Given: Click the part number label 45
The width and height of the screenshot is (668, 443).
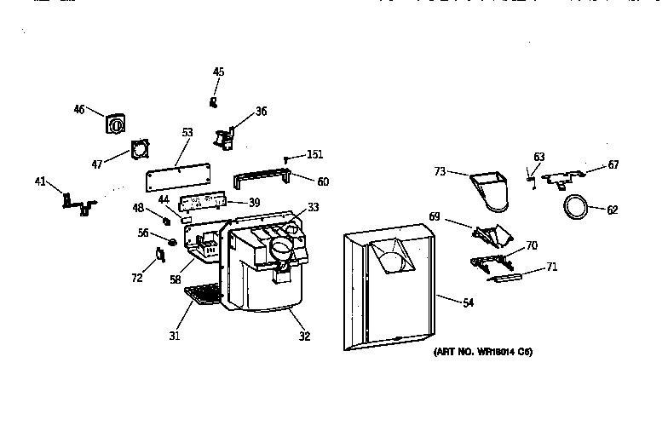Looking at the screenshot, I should pos(218,72).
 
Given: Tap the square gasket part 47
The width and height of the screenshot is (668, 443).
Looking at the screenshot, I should pos(139,151).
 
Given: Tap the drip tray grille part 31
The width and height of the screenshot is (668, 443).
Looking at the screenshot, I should pos(203,294).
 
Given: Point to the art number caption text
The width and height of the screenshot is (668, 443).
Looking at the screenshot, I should pos(483,352).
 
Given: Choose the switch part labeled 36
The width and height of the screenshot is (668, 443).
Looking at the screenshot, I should pos(226,136).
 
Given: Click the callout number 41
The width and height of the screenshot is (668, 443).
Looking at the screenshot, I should pos(40,181).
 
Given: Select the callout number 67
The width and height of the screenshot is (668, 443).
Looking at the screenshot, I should pos(613,165).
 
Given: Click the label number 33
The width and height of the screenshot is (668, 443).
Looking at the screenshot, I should pos(313,206).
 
